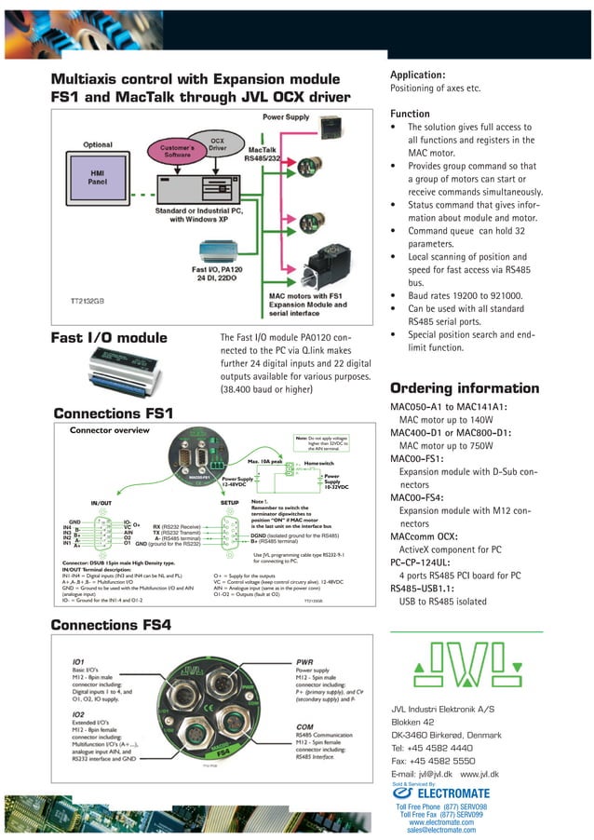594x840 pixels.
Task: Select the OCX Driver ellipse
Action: [217, 145]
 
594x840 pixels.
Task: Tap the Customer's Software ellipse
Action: [182, 153]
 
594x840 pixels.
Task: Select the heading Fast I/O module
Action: [109, 339]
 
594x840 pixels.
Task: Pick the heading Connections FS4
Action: [112, 626]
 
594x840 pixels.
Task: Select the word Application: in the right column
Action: [417, 74]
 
